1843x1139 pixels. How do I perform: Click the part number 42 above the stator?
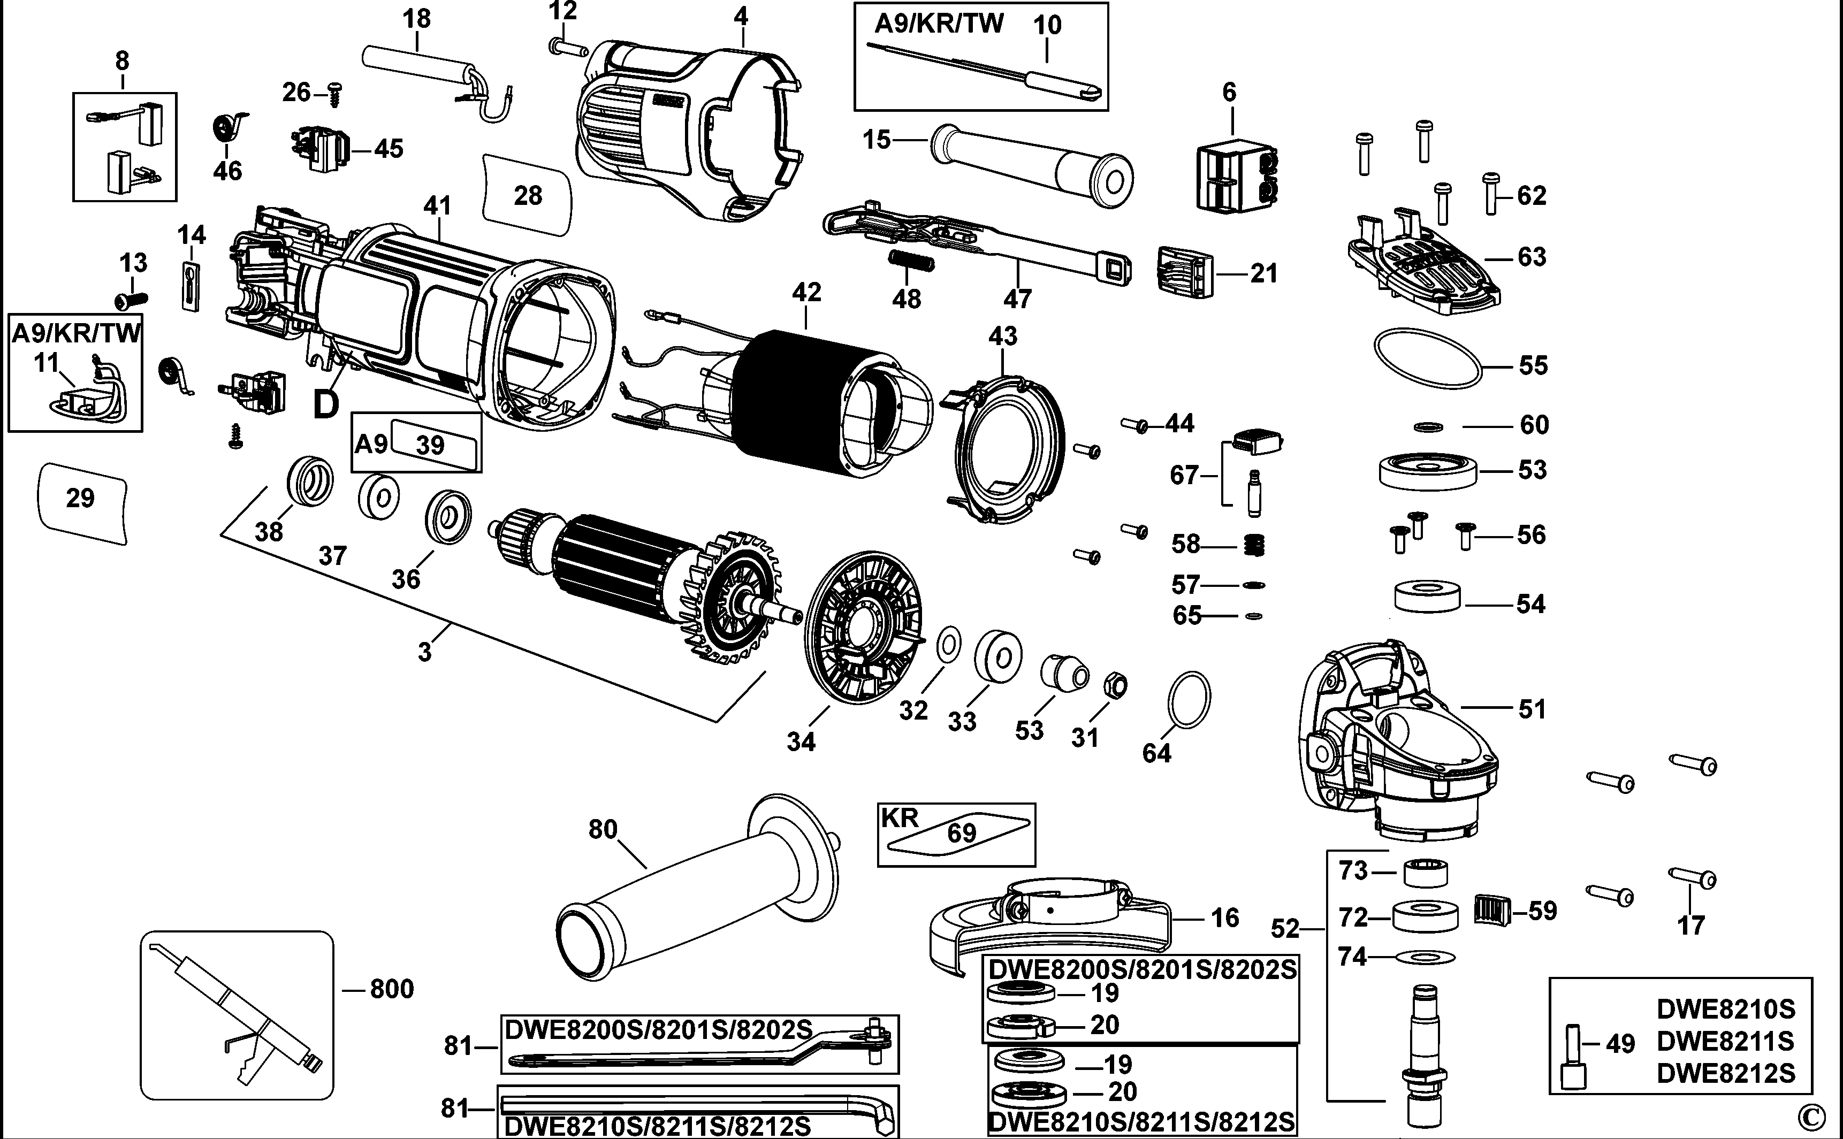point(806,292)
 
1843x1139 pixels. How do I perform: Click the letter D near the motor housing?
point(325,406)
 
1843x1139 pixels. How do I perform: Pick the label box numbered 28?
point(528,196)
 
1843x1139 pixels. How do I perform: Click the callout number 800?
point(392,988)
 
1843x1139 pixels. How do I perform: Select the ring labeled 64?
point(1189,699)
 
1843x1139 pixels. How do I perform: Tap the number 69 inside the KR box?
point(962,832)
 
